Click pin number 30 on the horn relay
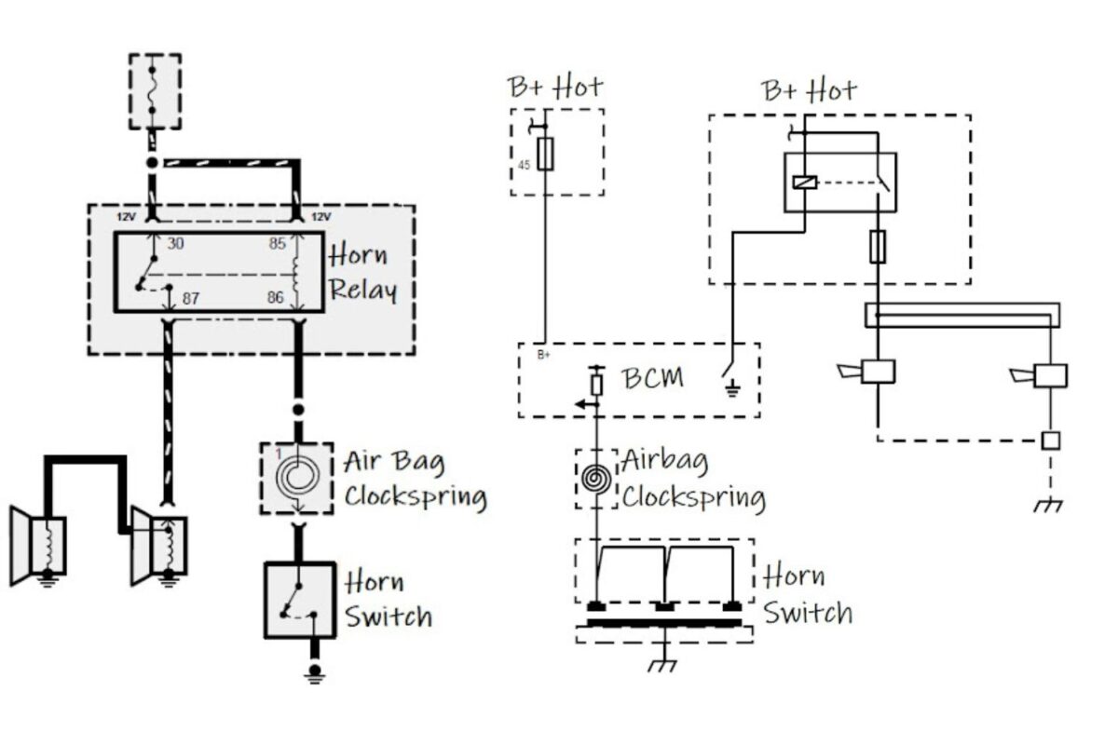pyautogui.click(x=175, y=243)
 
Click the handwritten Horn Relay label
pyautogui.click(x=362, y=272)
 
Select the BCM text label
pyautogui.click(x=652, y=378)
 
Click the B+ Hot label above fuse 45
pyautogui.click(x=555, y=88)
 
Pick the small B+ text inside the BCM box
pyautogui.click(x=545, y=355)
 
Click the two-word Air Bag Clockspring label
pyautogui.click(x=415, y=479)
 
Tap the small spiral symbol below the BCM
pyautogui.click(x=596, y=480)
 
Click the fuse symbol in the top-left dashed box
pyautogui.click(x=154, y=91)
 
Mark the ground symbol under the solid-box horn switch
pyautogui.click(x=316, y=672)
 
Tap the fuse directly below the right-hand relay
pyautogui.click(x=877, y=247)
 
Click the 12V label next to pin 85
pyautogui.click(x=320, y=217)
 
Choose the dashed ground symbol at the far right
pyautogui.click(x=1049, y=506)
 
